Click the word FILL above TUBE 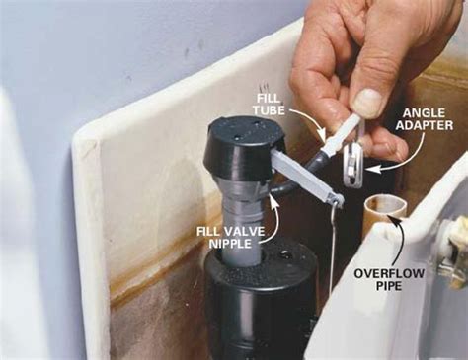click(270, 98)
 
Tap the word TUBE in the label click(269, 110)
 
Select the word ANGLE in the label click(424, 113)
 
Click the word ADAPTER click(425, 125)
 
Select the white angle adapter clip click(352, 167)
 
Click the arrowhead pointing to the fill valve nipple click(273, 198)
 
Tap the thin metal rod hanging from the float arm click(333, 246)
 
